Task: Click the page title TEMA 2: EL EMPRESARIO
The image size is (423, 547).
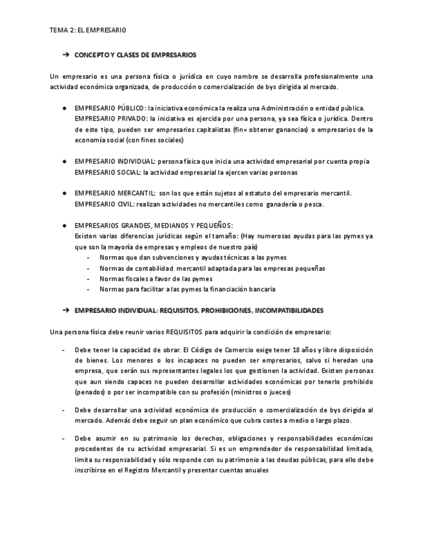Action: [87, 30]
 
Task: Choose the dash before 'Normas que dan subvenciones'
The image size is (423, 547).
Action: [88, 257]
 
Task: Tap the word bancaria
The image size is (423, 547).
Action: [260, 289]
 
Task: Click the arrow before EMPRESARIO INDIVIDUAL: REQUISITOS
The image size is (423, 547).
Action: [65, 310]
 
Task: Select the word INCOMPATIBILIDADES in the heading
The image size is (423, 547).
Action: [289, 310]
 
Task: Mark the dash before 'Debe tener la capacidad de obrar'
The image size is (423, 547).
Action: [63, 349]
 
